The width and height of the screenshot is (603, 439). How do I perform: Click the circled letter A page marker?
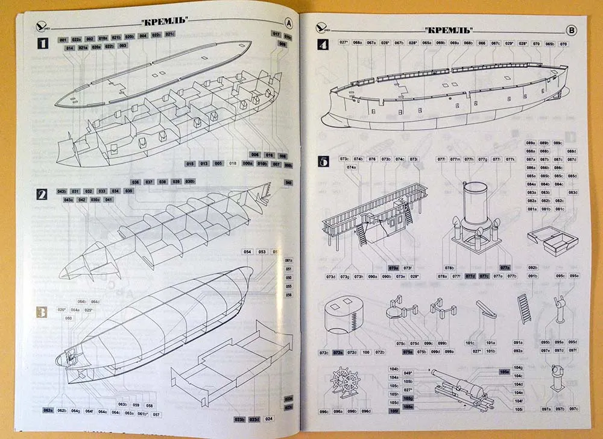289,24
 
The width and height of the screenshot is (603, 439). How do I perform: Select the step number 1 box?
42,43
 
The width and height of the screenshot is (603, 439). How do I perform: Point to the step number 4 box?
323,45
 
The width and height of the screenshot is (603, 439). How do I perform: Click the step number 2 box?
42,194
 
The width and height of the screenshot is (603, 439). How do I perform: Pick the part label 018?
233,163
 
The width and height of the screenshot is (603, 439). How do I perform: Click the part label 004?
143,36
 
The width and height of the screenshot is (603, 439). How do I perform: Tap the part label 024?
268,418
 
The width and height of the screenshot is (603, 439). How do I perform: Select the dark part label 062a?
48,411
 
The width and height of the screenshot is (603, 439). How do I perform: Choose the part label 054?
248,251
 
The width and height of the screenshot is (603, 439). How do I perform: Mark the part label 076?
372,159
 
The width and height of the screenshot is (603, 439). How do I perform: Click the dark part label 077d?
470,276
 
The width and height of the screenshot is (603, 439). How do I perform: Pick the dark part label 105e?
504,372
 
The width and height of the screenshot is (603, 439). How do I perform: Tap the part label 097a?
546,409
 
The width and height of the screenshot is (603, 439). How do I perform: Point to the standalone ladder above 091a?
523,308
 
